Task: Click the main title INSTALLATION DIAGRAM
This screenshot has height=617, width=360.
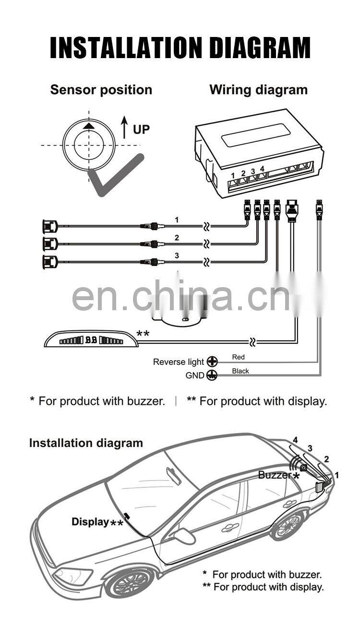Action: click(x=180, y=48)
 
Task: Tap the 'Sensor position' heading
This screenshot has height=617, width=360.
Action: click(x=101, y=90)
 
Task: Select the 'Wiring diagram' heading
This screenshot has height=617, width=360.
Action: click(x=258, y=90)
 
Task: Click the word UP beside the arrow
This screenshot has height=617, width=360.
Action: click(x=141, y=129)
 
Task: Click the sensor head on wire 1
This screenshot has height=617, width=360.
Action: click(x=49, y=225)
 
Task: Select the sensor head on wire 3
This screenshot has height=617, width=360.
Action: click(x=49, y=262)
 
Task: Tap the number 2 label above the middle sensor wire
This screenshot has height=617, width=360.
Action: click(x=177, y=238)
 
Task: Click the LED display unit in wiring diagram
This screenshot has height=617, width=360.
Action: click(x=91, y=340)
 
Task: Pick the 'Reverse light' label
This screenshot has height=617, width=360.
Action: click(x=179, y=362)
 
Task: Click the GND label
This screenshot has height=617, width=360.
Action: click(x=195, y=375)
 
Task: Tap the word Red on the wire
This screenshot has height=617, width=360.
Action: click(x=238, y=357)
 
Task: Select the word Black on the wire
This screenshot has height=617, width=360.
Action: click(x=240, y=371)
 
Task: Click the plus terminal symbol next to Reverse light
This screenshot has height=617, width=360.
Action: click(x=212, y=362)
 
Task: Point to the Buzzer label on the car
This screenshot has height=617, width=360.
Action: click(x=275, y=475)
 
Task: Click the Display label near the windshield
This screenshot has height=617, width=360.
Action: click(x=90, y=522)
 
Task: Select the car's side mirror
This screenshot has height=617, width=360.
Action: click(x=183, y=536)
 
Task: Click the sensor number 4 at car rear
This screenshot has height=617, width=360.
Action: click(x=295, y=440)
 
